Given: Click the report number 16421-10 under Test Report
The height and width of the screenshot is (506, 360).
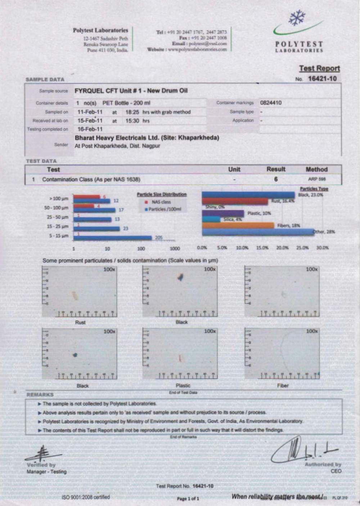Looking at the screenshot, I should coord(322,79).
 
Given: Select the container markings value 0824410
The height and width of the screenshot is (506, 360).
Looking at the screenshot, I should coord(271,103).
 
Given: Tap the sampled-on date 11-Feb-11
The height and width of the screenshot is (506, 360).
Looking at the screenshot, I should coord(90,112).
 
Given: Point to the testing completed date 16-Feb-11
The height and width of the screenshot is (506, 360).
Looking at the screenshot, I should coord(90,129).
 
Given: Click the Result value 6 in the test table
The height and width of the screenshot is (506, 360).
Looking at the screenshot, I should coord(276,179).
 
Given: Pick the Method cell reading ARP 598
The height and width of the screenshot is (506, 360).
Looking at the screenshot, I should coord(317,179).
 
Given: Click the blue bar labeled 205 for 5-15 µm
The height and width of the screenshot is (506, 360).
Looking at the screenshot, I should coord(112,238).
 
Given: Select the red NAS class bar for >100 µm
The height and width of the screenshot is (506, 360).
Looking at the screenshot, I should coord(86,197).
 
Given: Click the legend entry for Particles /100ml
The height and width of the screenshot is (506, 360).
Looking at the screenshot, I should coord(165,209).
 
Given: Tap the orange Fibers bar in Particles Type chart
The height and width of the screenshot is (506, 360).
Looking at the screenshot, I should coord(238,226).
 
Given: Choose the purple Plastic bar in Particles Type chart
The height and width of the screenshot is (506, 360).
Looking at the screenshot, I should coord(223,213).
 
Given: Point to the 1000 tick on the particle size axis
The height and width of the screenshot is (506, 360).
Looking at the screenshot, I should coord(175,248).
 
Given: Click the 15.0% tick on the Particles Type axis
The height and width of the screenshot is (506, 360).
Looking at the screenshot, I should coord(262,248).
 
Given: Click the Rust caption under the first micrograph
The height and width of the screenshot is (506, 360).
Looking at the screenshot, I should coord(80,322).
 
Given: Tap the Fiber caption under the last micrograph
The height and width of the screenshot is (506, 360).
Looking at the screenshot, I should coord(283,385).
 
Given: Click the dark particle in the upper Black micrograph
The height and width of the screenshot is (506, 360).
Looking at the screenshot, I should coord(181,277).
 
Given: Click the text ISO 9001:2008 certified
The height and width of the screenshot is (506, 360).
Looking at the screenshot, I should coord(86,497).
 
